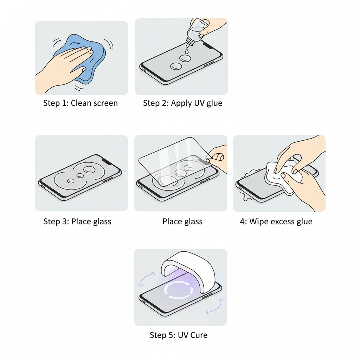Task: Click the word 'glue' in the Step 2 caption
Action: coord(214,104)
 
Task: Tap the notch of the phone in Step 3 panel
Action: coord(107,160)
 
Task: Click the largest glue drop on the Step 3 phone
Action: coord(89,170)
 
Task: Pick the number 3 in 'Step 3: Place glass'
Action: coord(65,221)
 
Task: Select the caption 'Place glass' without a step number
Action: coord(182,221)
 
